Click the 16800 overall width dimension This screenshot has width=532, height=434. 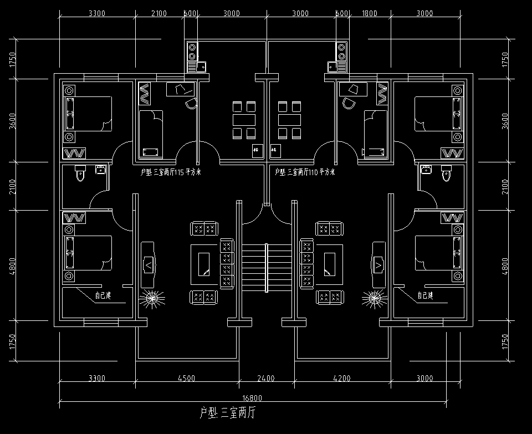[252, 397]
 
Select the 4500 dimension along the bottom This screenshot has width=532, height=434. [186, 379]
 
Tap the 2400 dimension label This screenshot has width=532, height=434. [266, 379]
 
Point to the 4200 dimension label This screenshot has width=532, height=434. [341, 379]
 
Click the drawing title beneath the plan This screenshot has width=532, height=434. [227, 413]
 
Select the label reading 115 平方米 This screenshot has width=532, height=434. [171, 172]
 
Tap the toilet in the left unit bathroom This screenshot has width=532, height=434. [80, 173]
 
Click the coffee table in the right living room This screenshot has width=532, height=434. [329, 263]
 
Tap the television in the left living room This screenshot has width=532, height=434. [148, 264]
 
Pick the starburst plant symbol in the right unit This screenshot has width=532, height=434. [375, 300]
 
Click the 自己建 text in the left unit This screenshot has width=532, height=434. [103, 296]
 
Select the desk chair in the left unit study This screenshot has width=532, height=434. [191, 103]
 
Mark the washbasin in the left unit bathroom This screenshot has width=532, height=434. [100, 170]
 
